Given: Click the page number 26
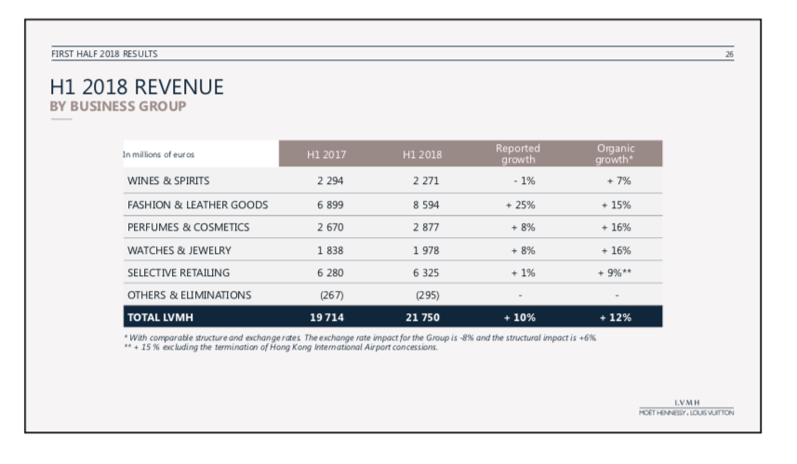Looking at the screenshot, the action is pos(729,54).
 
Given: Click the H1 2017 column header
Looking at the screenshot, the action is pos(326,154).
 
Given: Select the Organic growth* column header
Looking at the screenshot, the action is pos(615,153).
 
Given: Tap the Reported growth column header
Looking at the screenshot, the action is pos(518,153).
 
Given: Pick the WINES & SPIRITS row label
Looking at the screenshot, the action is pos(168,181).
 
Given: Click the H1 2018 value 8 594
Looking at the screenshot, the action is pos(426,205).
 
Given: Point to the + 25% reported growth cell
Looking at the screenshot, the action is pos(520,205).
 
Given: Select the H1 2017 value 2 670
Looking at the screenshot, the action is pos(330,227).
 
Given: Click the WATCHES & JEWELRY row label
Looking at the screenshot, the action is pos(179,250).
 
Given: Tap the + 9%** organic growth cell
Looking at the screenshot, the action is pos(615,272).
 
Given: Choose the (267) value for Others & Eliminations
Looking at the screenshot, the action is pos(331,296).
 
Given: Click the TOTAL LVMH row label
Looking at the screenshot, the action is pos(160,318).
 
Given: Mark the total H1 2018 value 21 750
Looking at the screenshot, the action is pos(422,318).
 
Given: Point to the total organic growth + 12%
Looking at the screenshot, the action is pos(615,318).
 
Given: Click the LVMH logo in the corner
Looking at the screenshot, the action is pos(686,407).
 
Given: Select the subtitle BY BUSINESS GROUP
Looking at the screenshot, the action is pos(118,106).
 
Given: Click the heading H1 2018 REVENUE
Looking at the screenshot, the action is pos(137,86).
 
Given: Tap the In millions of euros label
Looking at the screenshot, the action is pos(158,154).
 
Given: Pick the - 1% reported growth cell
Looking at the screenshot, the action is pos(524,181).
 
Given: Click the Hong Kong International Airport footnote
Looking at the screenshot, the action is pos(281,347).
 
